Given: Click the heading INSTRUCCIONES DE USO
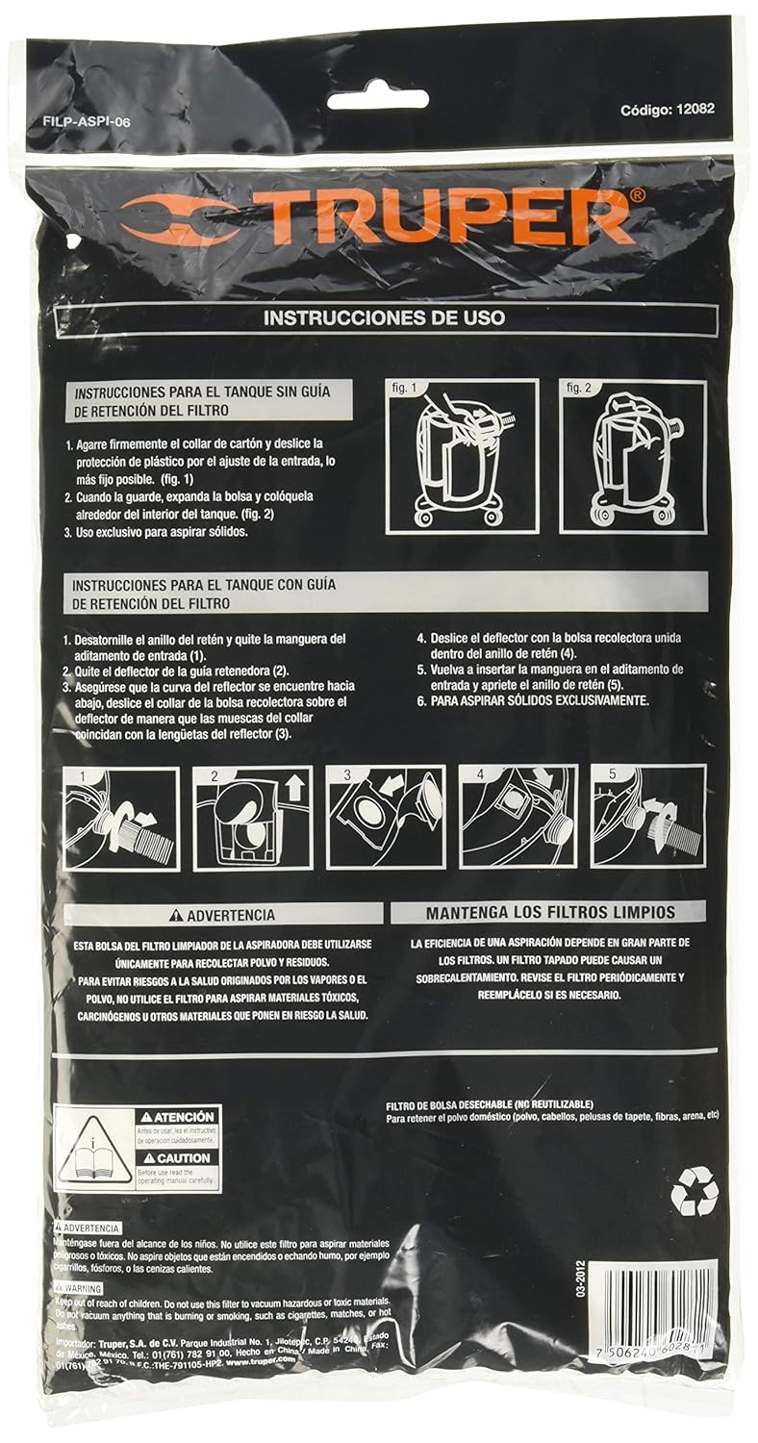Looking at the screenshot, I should (383, 316).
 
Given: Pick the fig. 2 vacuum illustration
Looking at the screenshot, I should (633, 456).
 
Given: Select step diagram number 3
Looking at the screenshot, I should (385, 819).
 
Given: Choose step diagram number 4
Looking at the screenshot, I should (518, 819).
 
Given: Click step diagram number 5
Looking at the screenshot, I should (647, 819).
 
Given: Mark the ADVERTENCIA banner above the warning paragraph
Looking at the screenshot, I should (221, 915).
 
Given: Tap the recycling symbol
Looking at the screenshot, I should (695, 1190).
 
